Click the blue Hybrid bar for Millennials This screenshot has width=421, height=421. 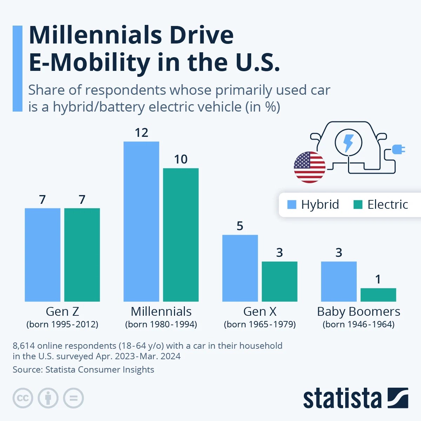point(141,221)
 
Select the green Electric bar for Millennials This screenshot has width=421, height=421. point(181,235)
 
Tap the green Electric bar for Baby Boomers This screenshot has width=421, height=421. point(378,295)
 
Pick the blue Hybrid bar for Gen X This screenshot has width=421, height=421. point(240,268)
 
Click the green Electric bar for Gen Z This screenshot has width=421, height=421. point(82,255)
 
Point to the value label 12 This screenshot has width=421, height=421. point(141,133)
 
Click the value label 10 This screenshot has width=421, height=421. point(181,159)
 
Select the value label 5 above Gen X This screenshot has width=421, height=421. point(240,226)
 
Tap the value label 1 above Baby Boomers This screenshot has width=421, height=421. point(378,279)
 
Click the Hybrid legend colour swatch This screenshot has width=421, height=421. point(292,205)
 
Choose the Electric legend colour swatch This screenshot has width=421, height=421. point(358,205)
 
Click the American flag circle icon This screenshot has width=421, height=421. point(309,167)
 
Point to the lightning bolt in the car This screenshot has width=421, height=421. point(348,142)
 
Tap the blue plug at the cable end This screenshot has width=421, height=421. point(398,150)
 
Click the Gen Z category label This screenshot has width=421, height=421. point(62,312)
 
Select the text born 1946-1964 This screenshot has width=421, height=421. point(359,324)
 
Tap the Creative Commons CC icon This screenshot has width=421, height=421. point(23,398)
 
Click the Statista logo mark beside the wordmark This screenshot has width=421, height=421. point(397,398)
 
